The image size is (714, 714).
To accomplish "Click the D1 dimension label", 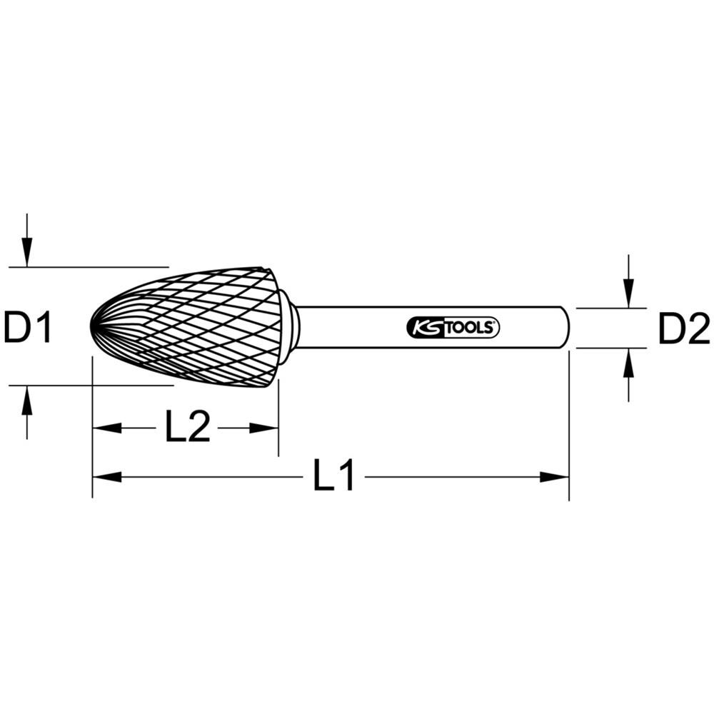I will tap(28, 328).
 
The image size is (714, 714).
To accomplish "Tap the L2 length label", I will tap(188, 428).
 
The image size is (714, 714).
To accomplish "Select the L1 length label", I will tap(333, 477).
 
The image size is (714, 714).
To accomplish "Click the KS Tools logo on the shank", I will tap(453, 328).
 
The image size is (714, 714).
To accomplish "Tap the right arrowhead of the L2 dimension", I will tap(263, 428).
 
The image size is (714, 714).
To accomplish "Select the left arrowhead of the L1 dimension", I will tap(107, 477).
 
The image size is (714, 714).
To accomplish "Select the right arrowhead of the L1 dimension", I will tap(555, 477).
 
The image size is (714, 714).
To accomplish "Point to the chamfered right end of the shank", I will tap(565, 328).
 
